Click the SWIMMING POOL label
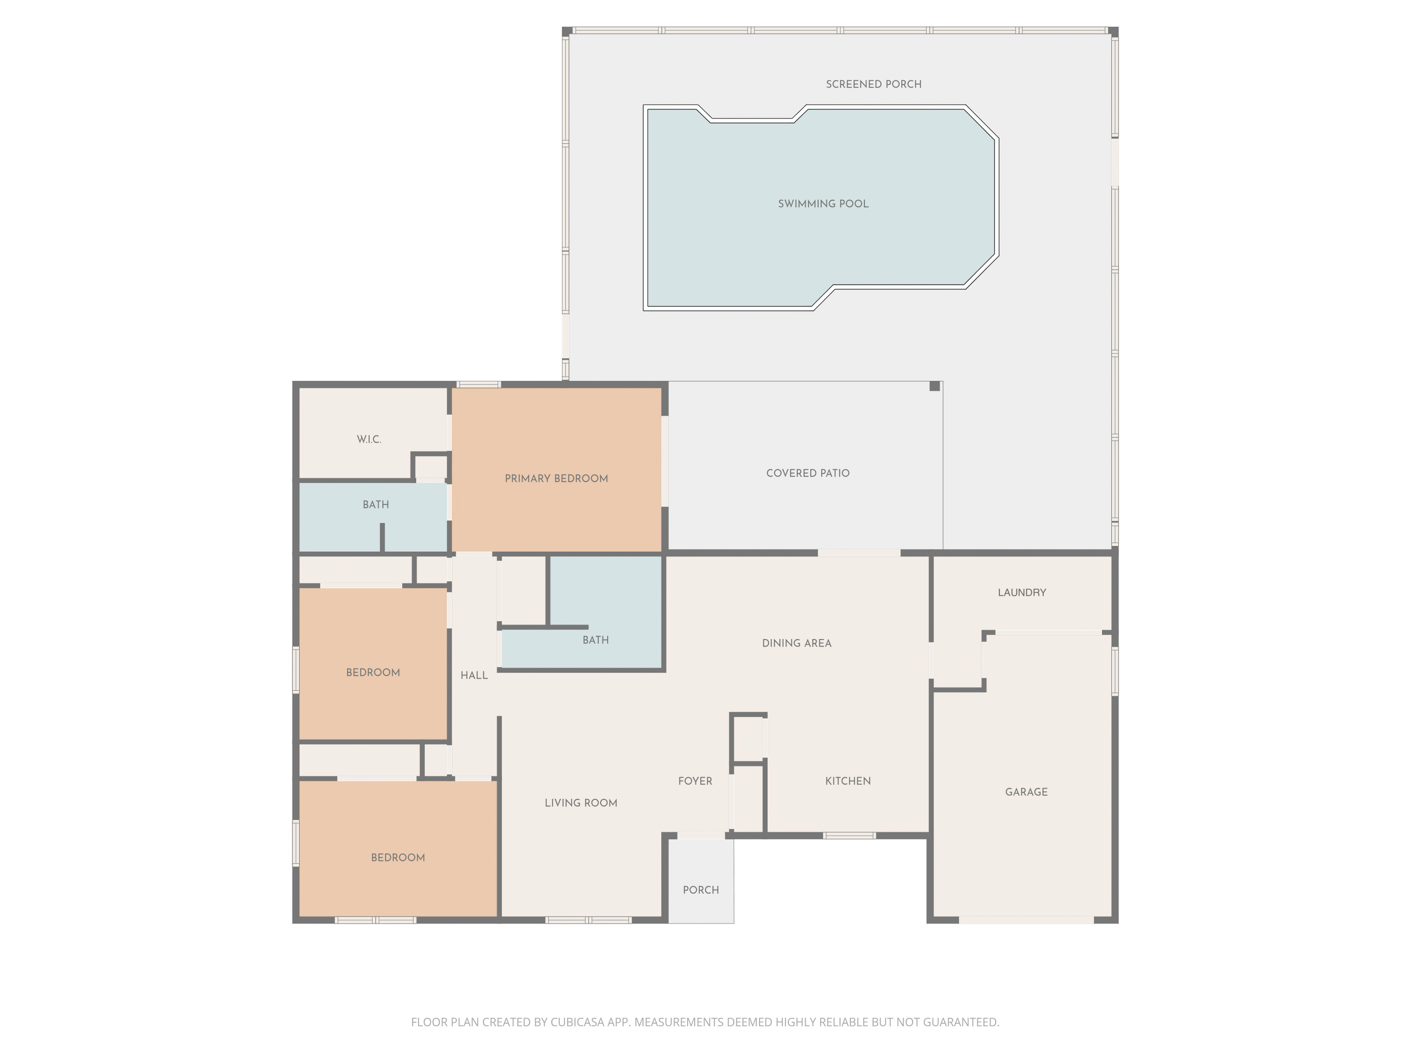(823, 204)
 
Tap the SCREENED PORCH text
(873, 84)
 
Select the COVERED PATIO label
(808, 473)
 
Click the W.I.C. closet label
(369, 439)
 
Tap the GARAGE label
(1026, 792)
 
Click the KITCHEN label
(848, 781)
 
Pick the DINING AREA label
(797, 643)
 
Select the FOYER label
(695, 781)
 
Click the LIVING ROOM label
(580, 803)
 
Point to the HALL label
(474, 675)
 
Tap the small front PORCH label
(700, 890)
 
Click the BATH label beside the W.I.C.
(376, 505)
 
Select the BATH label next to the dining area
(595, 640)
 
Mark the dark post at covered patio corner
(935, 387)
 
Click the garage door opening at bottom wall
(1026, 920)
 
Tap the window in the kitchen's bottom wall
(849, 836)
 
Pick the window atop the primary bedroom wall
(478, 385)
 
